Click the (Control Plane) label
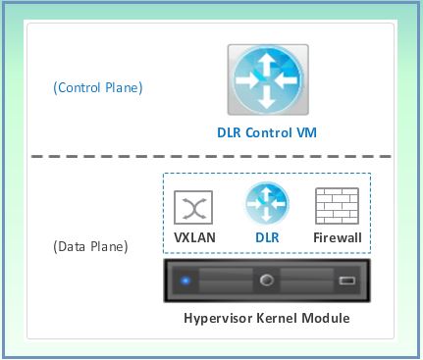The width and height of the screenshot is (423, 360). pos(98,88)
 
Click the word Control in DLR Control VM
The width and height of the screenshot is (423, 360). pos(268,131)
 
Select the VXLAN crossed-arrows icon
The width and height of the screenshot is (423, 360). pos(193,208)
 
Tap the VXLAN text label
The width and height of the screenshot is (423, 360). pos(193,237)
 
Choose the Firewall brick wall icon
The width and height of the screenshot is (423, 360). pos(335,208)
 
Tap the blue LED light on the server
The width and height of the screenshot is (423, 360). pos(185,282)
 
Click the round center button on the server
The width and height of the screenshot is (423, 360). pos(265,281)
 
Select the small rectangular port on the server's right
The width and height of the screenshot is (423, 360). pos(346,282)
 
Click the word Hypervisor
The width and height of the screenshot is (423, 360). pos(223,319)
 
